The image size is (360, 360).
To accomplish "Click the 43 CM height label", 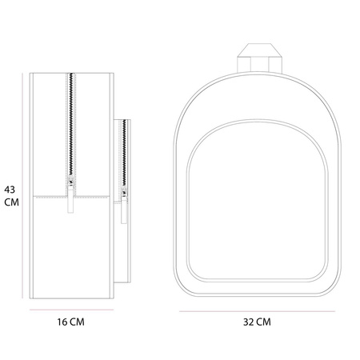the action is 11,196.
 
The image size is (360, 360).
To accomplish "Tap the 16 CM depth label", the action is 70,322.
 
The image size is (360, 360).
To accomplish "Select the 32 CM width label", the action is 257,322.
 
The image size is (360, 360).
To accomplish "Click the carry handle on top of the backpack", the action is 259,58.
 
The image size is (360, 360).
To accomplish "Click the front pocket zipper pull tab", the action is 124,210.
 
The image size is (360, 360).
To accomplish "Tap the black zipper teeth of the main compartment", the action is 71,125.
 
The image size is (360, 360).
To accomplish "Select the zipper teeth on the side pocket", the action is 124,154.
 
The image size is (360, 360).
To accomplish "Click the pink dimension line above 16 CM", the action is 71,310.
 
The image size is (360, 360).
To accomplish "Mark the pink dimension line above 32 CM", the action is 257,311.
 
